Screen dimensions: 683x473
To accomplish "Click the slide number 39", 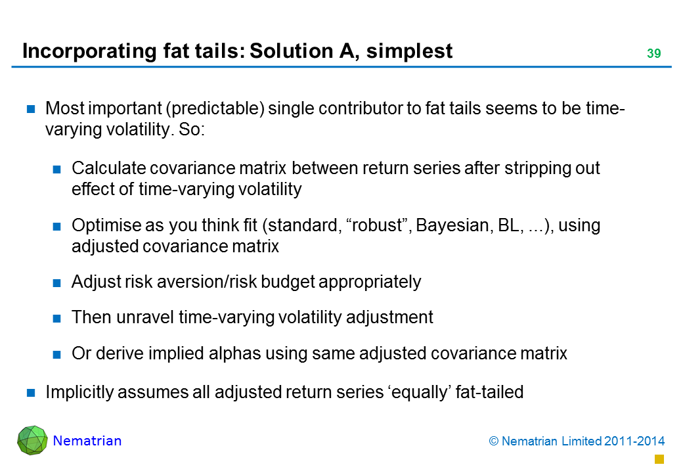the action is [653, 54].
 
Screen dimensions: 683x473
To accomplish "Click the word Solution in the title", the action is [292, 51].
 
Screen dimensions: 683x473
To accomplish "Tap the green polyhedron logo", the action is [32, 440].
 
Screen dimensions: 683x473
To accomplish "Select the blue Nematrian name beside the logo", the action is [87, 441].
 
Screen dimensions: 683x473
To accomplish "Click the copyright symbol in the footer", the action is [493, 441].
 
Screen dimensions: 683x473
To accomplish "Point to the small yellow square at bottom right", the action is [659, 459].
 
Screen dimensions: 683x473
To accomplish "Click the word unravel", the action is [145, 317].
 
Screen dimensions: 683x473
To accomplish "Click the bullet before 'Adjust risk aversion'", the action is [56, 283].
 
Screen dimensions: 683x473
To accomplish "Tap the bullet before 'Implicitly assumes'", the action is [31, 393].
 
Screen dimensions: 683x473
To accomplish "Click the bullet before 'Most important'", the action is [31, 109].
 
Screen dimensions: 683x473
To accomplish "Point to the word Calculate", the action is [109, 168].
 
